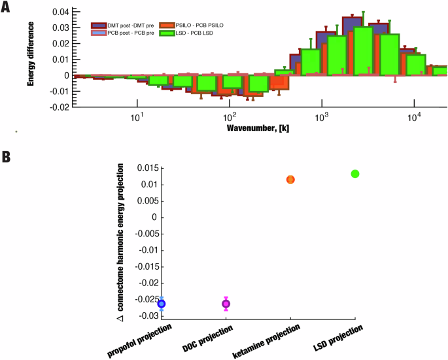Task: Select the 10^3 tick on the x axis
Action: [321, 115]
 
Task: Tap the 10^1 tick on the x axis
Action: [137, 115]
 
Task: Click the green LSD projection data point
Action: [355, 173]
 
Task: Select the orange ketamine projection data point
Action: [291, 179]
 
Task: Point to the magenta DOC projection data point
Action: [226, 303]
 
